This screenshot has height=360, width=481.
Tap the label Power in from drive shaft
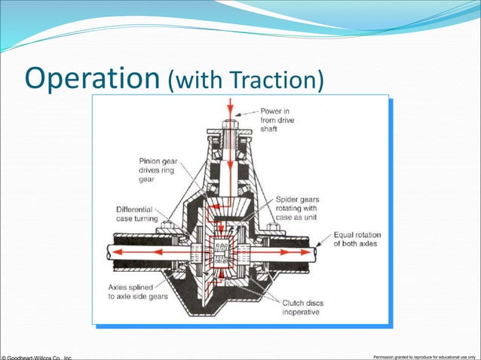tap(280, 119)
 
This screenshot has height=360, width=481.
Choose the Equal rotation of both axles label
tap(357, 239)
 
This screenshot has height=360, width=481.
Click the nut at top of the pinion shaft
tap(231, 121)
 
